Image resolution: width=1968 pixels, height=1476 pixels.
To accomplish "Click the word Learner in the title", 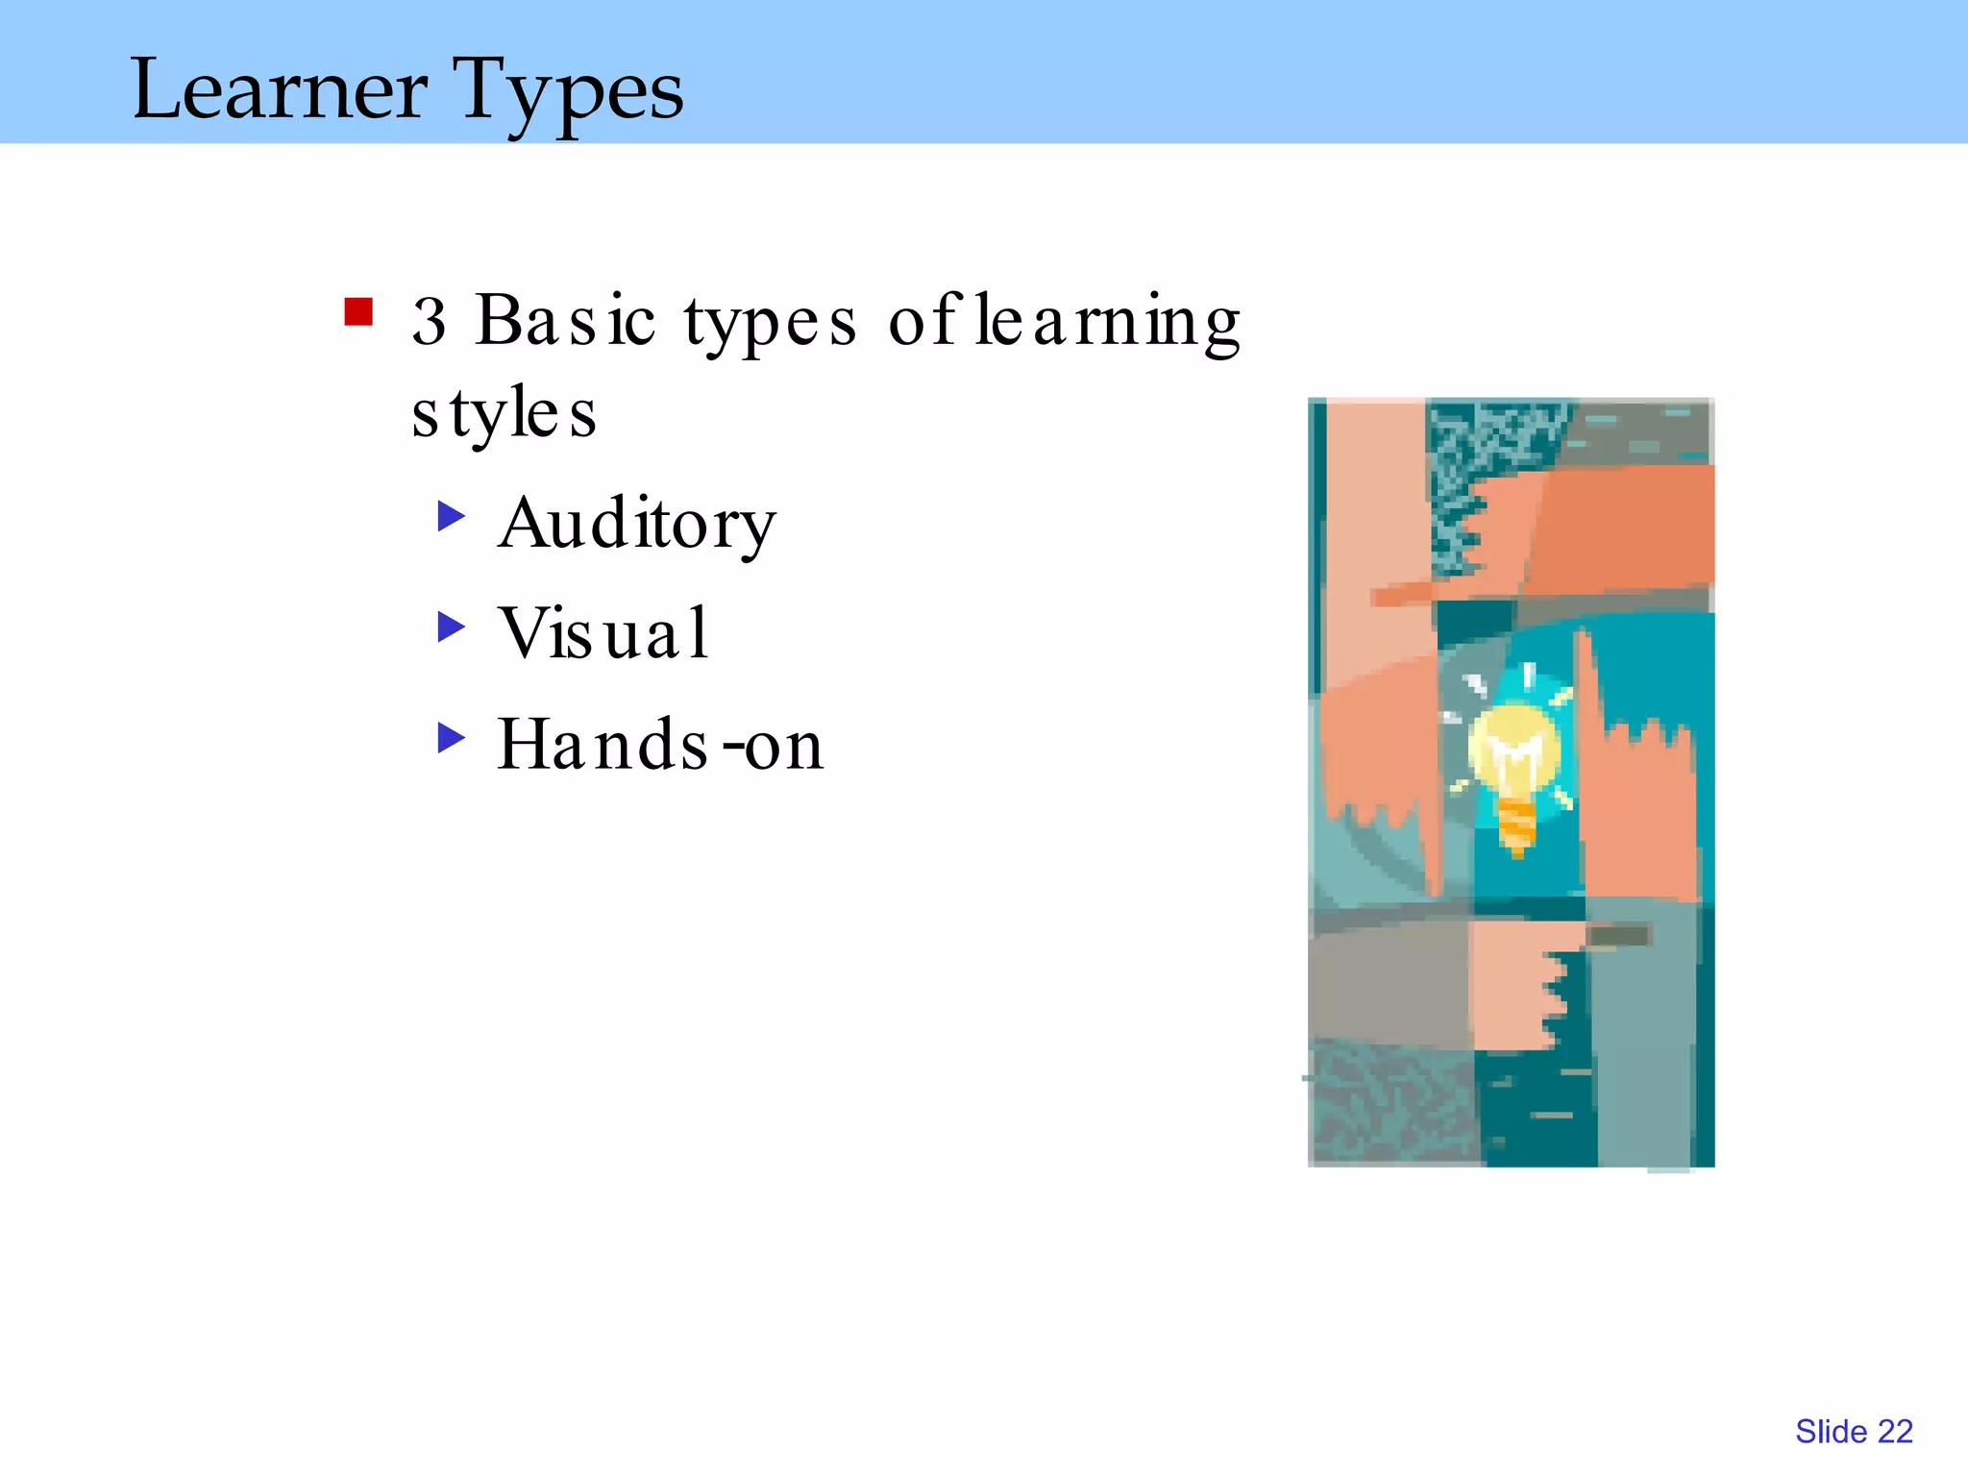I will click(279, 89).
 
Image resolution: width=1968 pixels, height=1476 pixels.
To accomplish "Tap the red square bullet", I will click(358, 312).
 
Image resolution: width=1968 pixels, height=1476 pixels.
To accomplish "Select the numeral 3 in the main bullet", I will click(429, 321).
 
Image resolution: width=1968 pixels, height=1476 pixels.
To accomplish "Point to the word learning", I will click(1107, 323).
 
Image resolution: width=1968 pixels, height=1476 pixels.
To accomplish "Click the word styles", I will click(504, 413).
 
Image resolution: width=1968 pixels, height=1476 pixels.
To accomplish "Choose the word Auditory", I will click(636, 525).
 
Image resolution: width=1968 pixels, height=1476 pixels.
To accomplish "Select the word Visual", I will click(603, 633).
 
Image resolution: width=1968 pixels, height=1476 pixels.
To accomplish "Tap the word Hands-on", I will click(660, 745).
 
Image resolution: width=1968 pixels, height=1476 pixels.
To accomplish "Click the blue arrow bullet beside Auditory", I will click(451, 516).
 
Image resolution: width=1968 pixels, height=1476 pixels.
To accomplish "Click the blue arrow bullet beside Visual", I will click(451, 627).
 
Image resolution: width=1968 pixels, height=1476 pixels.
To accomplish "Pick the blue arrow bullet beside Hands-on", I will click(451, 738).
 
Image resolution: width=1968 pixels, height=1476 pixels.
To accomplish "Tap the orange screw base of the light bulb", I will click(1516, 824).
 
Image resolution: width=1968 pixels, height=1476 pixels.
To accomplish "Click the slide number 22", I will click(1895, 1432).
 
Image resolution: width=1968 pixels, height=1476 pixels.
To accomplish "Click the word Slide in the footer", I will click(1831, 1432).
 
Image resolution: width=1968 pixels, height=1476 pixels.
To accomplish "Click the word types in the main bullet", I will click(770, 323).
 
